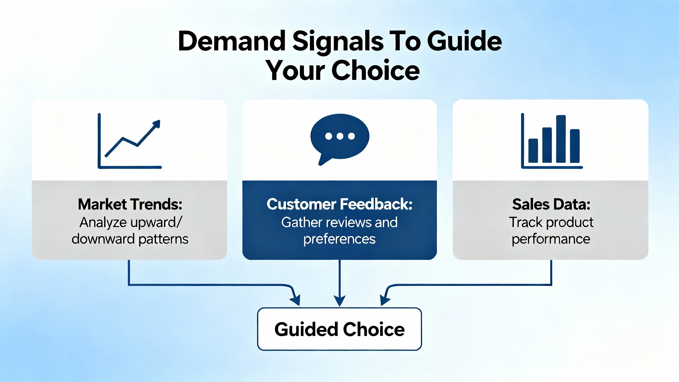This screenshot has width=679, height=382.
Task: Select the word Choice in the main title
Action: pos(376,70)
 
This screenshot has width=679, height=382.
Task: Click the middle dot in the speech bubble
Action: pos(340,136)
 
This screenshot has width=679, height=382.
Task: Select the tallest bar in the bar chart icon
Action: pos(561,139)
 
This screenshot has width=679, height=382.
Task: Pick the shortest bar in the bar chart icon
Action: pos(533,150)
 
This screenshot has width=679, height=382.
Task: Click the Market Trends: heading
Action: pos(130,204)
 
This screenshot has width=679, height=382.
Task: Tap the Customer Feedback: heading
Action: pos(339,204)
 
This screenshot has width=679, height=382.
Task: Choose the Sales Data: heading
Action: pos(551,204)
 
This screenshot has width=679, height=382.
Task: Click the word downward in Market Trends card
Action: pos(103,239)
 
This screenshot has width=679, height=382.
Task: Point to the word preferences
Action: pos(339,240)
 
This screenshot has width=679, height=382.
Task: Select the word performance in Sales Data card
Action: pos(551,240)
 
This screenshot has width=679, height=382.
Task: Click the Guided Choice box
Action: pos(339,329)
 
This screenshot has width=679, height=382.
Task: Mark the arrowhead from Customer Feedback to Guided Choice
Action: pos(339,301)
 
